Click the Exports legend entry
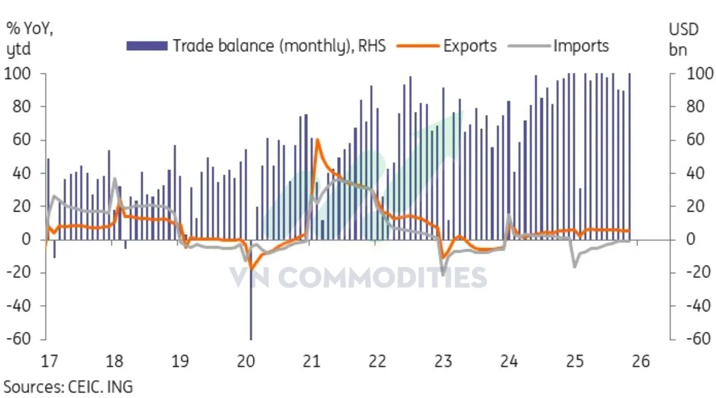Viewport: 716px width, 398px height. (x=469, y=46)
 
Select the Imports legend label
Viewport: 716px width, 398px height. (x=580, y=46)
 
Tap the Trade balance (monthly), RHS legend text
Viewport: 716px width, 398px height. (x=279, y=46)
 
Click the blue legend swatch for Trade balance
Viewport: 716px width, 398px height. (x=146, y=46)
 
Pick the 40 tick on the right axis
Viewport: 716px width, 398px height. (x=695, y=173)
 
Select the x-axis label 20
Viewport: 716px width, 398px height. (x=246, y=361)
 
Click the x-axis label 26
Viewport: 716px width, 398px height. (x=640, y=361)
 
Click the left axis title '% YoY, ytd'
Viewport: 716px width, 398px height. (x=29, y=38)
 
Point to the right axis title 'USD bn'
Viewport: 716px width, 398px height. (x=683, y=39)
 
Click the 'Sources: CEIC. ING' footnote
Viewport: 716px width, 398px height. (x=68, y=387)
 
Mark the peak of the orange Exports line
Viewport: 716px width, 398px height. (x=317, y=140)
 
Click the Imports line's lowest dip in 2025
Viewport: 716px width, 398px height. (x=575, y=267)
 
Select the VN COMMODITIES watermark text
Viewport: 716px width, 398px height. (x=358, y=277)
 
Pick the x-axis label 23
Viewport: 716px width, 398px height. (x=443, y=361)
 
